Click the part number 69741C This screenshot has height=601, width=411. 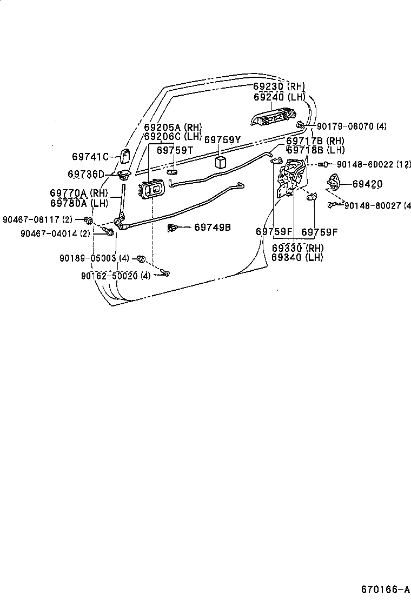click(x=90, y=157)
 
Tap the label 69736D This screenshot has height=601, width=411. click(x=85, y=174)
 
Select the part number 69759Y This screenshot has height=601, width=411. click(x=222, y=139)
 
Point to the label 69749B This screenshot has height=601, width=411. click(x=212, y=228)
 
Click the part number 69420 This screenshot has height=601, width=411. click(x=367, y=184)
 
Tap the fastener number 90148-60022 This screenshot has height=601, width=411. click(x=366, y=164)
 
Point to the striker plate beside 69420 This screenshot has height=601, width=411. click(x=333, y=184)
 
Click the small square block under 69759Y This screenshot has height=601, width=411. click(x=220, y=162)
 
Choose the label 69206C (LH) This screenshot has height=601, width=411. click(x=173, y=137)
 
